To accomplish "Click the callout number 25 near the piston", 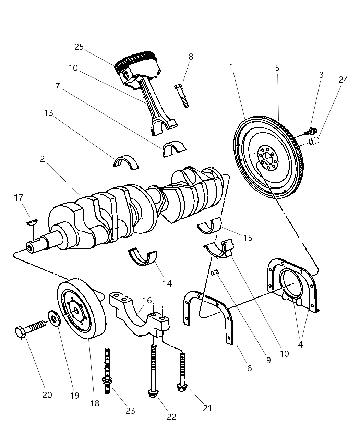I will [x=79, y=47].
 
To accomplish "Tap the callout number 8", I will [x=191, y=57].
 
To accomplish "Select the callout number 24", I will [x=343, y=80].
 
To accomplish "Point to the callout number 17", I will [x=19, y=197].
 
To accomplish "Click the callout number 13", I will [x=49, y=113].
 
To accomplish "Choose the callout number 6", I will [x=249, y=368].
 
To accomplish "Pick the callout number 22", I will [x=171, y=416].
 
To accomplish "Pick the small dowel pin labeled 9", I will [x=215, y=272].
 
